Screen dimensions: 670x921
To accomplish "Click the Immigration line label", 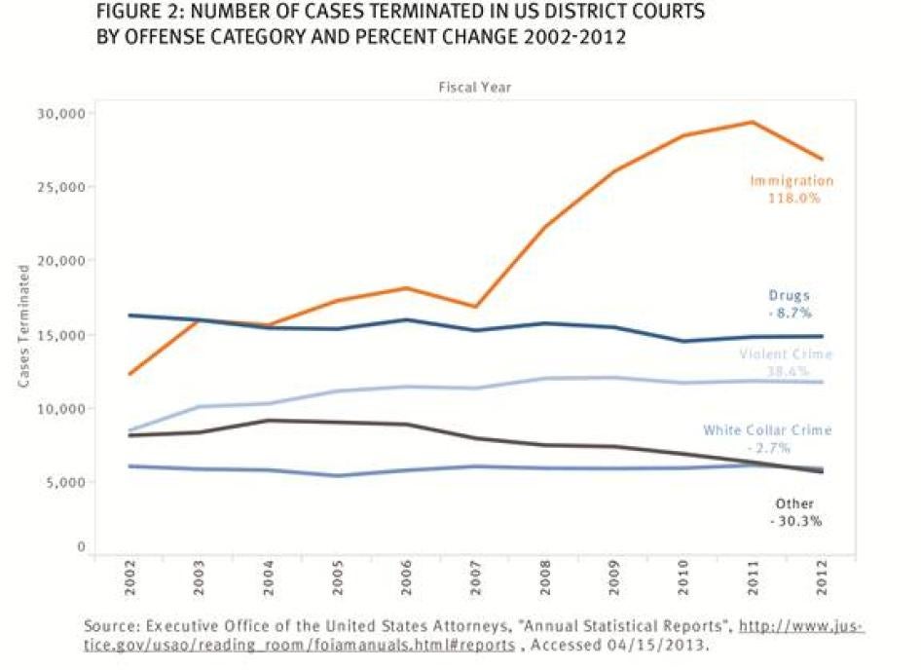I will [791, 180].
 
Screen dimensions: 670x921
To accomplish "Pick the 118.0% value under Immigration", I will [792, 197].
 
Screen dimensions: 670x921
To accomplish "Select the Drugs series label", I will [790, 296].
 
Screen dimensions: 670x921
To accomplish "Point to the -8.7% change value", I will [790, 313].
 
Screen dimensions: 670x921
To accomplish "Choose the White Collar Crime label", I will [767, 429].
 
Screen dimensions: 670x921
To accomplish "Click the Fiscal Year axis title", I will [475, 88].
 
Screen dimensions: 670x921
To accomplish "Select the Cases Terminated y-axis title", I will [24, 330].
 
